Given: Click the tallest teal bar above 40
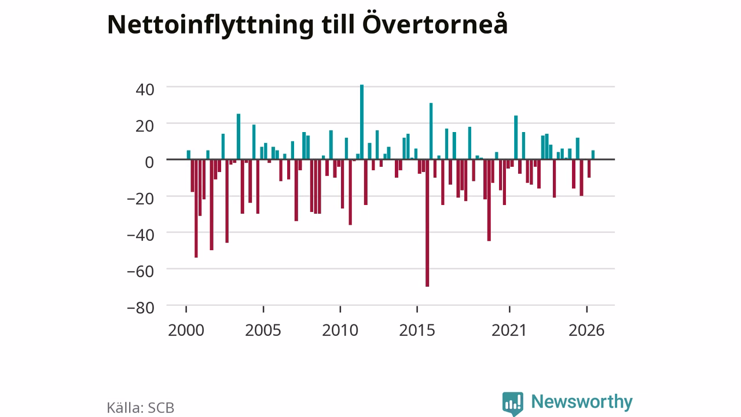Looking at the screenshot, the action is point(362,122).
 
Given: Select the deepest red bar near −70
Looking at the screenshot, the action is point(427,223).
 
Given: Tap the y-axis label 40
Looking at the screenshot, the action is point(145,90).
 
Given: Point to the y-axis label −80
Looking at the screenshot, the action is point(141,308).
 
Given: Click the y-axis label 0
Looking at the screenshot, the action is point(149,163).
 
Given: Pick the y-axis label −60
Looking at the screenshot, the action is point(141,272).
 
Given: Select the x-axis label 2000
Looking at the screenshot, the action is point(186,330).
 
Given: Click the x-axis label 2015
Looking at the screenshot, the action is point(417,330).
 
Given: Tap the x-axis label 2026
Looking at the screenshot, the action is point(586,330).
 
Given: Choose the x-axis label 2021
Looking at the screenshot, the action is point(509,330).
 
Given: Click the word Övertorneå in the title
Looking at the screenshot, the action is point(435,24).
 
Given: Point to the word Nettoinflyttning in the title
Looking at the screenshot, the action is point(210,25).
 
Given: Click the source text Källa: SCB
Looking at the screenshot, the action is point(140,407).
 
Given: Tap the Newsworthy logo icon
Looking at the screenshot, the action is point(512,404).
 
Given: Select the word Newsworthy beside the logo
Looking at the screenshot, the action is point(582,402).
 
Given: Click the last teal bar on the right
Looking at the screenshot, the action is point(593,155).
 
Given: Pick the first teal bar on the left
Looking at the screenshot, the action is point(189,155).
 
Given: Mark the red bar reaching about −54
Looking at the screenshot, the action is point(196,209).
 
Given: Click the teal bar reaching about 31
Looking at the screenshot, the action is point(431,131).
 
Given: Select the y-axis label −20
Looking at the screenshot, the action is point(141,199).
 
